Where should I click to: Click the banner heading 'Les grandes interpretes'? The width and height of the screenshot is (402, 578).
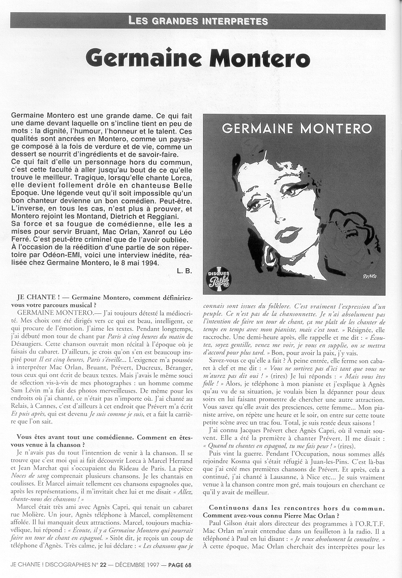click(x=198, y=21)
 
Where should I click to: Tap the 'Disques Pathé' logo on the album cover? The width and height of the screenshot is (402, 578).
click(x=219, y=278)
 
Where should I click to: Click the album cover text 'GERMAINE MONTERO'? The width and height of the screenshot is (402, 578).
click(x=297, y=127)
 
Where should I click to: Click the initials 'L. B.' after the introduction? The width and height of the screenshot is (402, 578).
click(x=184, y=271)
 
